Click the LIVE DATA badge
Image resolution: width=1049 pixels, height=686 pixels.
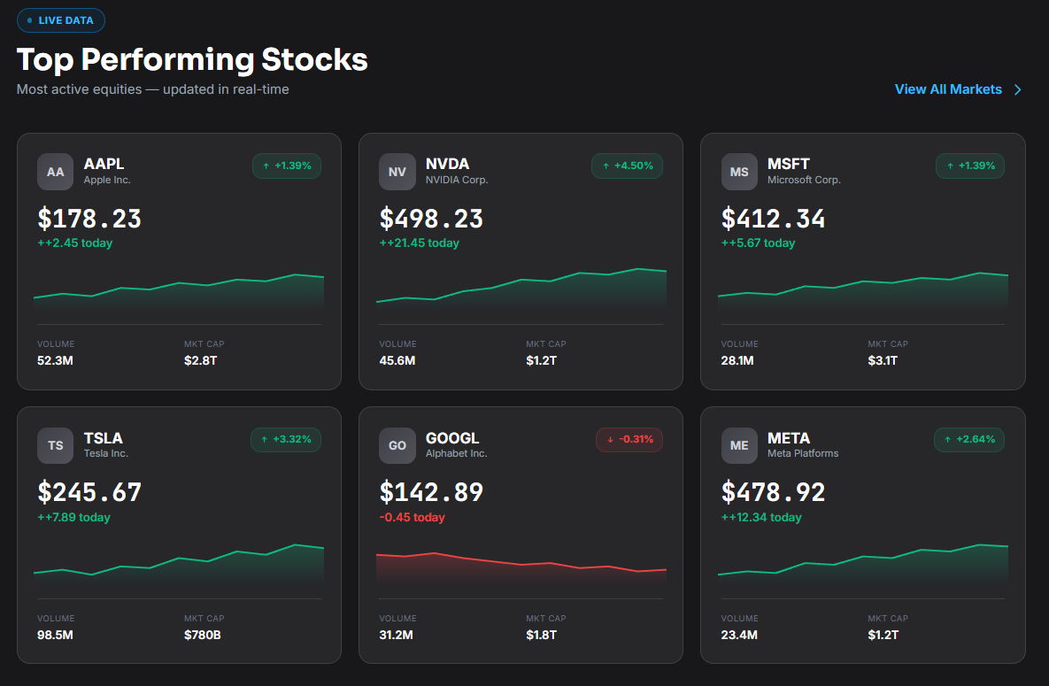click(x=61, y=20)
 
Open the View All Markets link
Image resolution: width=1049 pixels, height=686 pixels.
click(x=958, y=89)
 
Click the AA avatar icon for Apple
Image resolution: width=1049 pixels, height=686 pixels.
click(x=56, y=172)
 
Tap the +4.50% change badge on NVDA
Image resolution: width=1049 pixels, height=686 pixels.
click(x=627, y=166)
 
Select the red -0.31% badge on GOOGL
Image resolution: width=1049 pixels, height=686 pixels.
click(x=629, y=439)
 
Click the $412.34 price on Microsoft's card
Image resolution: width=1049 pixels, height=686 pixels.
click(x=773, y=218)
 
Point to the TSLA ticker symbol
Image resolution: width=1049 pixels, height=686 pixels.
click(x=103, y=437)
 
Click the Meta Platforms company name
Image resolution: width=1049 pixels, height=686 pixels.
click(x=803, y=453)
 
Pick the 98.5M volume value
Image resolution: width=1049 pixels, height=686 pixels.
click(x=55, y=635)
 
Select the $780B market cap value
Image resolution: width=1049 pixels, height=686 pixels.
click(x=202, y=635)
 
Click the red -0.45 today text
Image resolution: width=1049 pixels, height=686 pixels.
click(x=413, y=517)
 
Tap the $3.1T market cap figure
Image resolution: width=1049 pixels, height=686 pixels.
click(x=883, y=360)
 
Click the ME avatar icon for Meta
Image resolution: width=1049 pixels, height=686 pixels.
click(x=739, y=445)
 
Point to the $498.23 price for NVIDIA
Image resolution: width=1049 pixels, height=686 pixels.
click(x=431, y=218)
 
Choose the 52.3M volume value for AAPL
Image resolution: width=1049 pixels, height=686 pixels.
click(x=55, y=360)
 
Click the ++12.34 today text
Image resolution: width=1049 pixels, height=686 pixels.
click(x=761, y=517)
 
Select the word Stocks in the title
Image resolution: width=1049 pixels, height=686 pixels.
click(x=314, y=59)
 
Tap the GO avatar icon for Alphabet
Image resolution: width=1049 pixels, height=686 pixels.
click(x=397, y=445)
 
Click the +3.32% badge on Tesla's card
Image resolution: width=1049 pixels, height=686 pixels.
click(x=286, y=439)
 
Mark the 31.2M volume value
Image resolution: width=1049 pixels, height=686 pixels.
click(x=396, y=635)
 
